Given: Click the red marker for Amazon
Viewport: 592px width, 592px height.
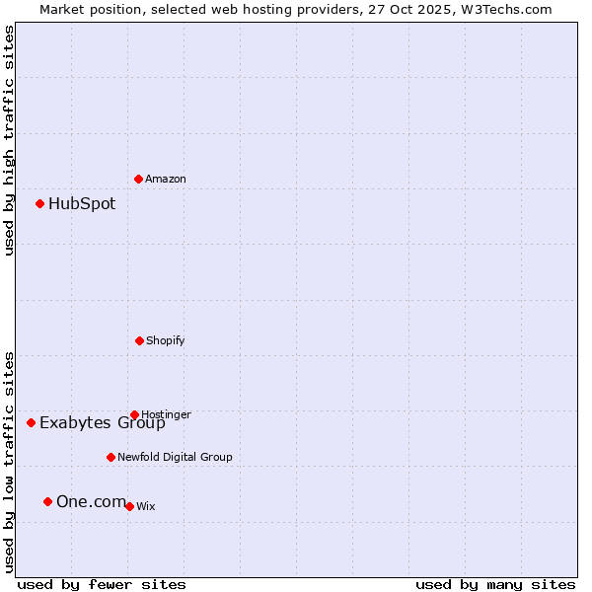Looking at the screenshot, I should (x=139, y=179).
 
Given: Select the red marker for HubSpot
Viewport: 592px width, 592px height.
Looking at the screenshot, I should (x=40, y=204).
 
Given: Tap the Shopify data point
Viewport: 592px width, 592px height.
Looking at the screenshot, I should (x=139, y=340).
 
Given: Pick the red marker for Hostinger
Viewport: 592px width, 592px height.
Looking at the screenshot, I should (x=134, y=415).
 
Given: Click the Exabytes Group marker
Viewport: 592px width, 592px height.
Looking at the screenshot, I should (x=32, y=423).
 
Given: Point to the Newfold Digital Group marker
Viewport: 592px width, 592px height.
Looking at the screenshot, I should (x=111, y=457).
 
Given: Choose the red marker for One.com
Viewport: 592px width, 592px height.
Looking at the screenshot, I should (x=47, y=502).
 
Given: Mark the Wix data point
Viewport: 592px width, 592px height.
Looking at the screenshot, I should (x=129, y=506).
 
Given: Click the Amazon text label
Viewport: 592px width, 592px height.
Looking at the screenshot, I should (x=166, y=180).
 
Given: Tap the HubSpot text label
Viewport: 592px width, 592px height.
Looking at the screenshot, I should (x=82, y=204).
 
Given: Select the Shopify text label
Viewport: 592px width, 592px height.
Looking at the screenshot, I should (x=166, y=341).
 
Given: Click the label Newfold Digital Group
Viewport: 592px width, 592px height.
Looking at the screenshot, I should (x=175, y=458).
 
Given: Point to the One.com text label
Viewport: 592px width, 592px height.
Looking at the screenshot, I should (x=91, y=502).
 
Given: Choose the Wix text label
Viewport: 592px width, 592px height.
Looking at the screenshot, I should (x=146, y=507).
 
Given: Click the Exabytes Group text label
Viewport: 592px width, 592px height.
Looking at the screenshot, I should (x=103, y=424).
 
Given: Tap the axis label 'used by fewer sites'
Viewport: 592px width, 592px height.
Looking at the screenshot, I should (x=102, y=584).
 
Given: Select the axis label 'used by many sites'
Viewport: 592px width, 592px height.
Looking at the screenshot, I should (x=495, y=584).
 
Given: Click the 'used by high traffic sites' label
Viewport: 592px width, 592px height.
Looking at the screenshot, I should (x=10, y=140).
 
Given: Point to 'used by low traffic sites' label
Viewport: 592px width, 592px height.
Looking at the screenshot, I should (x=10, y=462).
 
